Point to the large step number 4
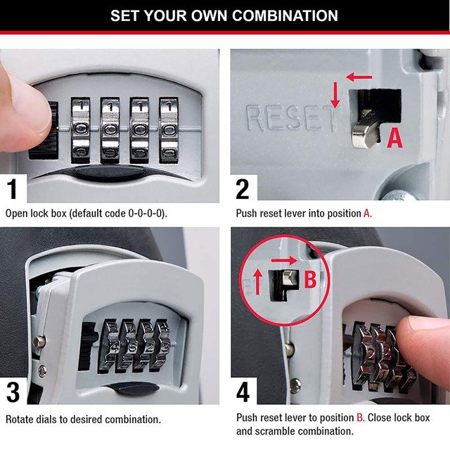coord(243,388)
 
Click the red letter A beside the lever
coord(395,138)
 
